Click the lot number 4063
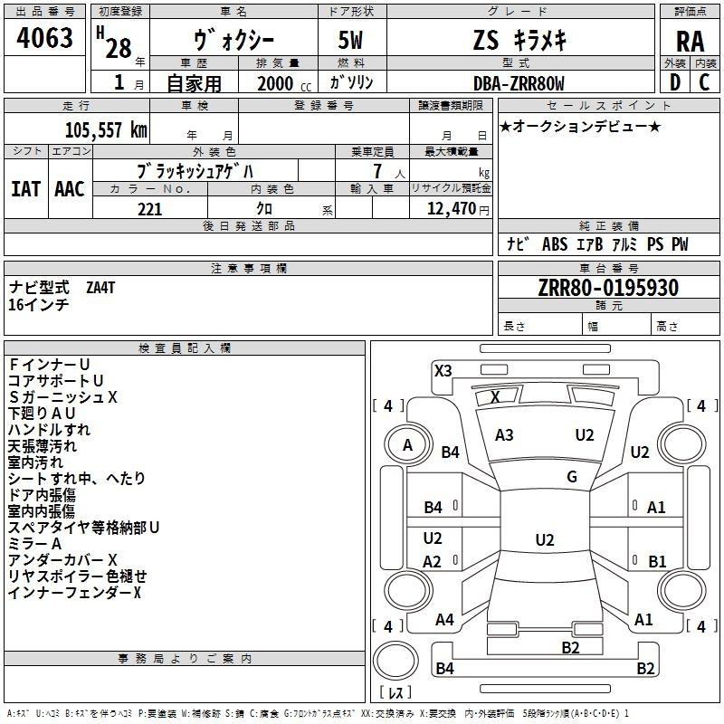(44, 38)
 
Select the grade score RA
(690, 42)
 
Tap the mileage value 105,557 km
(106, 130)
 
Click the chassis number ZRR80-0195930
(608, 288)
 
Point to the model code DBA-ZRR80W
(519, 83)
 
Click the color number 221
(150, 209)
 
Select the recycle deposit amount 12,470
(451, 209)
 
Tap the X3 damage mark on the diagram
(443, 371)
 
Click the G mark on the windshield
(572, 477)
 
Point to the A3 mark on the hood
(504, 435)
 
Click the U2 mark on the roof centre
(545, 539)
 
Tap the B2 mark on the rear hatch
(570, 648)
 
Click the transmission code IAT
(25, 189)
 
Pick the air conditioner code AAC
(70, 189)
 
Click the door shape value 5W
(350, 40)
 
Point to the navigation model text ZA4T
(100, 288)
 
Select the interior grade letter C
(704, 82)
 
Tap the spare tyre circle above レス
(395, 660)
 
